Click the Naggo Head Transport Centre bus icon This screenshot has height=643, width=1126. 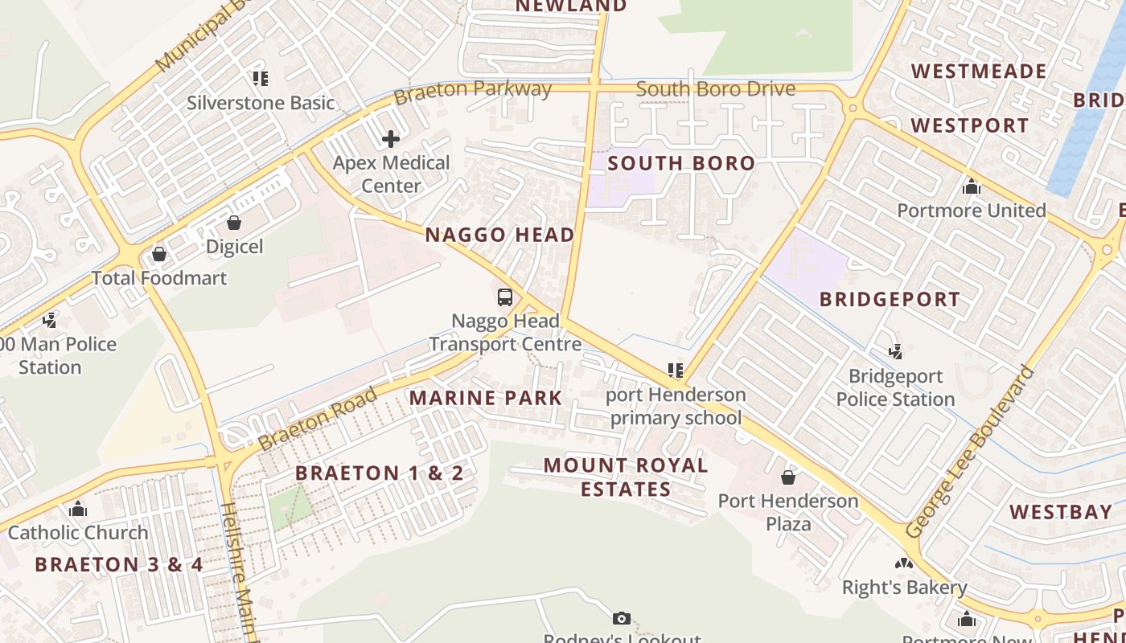[505, 297]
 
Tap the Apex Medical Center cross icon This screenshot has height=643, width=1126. [391, 139]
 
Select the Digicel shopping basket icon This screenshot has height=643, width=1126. [234, 223]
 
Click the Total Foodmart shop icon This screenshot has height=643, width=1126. [159, 254]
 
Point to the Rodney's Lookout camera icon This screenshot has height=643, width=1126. [621, 618]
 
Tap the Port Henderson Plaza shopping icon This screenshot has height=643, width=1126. [788, 477]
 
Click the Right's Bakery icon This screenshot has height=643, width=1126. [904, 564]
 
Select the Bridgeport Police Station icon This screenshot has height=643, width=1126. [895, 352]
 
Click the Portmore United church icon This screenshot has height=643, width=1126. [972, 187]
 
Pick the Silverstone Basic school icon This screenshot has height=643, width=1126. [261, 79]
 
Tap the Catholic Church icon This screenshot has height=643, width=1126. [78, 509]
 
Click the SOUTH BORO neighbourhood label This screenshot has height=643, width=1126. [681, 164]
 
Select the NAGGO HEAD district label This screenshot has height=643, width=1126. [499, 235]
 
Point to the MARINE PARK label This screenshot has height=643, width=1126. [486, 398]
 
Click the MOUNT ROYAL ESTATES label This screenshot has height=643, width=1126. [626, 477]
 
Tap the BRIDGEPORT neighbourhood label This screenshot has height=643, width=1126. [890, 300]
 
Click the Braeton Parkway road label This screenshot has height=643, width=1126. [472, 92]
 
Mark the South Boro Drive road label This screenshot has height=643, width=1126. [715, 89]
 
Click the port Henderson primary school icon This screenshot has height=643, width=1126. [676, 371]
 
